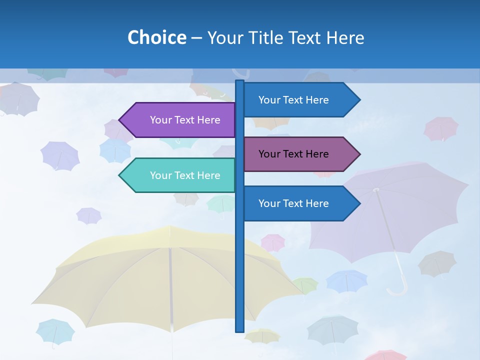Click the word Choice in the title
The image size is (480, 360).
click(x=156, y=37)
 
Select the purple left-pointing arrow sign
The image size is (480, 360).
click(x=180, y=120)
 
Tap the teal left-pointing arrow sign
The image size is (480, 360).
click(x=180, y=175)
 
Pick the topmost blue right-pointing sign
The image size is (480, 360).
click(x=298, y=100)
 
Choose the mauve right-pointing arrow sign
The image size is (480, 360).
click(x=298, y=154)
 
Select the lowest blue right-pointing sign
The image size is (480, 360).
click(x=298, y=203)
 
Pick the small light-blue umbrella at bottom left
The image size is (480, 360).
click(x=55, y=331)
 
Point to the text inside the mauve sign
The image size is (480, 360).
click(x=293, y=154)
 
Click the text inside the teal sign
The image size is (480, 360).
click(x=185, y=175)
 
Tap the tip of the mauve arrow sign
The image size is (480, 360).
click(x=359, y=154)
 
